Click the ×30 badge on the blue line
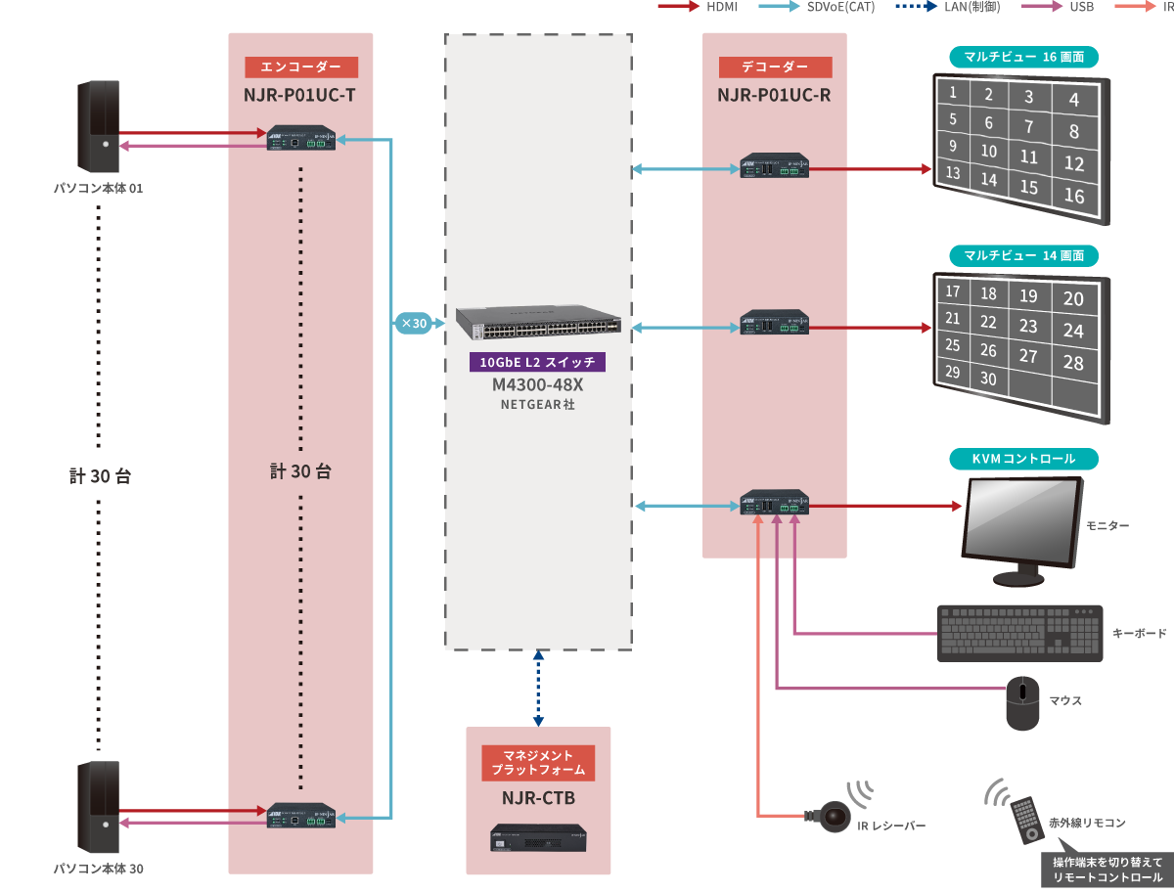413,323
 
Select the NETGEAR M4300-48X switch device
538,321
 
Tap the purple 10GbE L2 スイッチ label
538,362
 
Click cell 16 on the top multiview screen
1074,196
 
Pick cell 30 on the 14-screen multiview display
988,379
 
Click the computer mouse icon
1023,702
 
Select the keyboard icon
1019,633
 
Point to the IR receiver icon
834,815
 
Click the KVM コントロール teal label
1023,459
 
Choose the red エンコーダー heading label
301,67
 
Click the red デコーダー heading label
775,67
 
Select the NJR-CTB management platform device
538,838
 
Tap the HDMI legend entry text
722,7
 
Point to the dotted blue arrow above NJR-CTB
538,690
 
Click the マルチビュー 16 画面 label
1023,57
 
